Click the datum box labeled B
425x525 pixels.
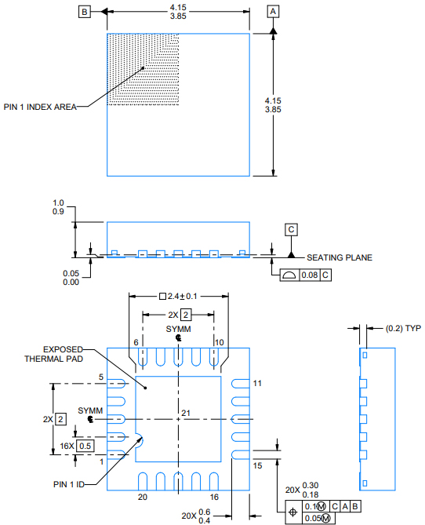84,12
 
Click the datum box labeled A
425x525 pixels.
273,12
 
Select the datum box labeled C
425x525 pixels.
291,229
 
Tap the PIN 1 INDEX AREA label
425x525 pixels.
40,108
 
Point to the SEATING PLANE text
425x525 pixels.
339,257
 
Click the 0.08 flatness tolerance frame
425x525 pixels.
307,275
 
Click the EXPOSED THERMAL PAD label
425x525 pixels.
52,354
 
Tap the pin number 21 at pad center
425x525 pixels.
186,413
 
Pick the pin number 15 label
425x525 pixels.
256,465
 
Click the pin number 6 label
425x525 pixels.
136,342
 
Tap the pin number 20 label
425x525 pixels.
142,498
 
